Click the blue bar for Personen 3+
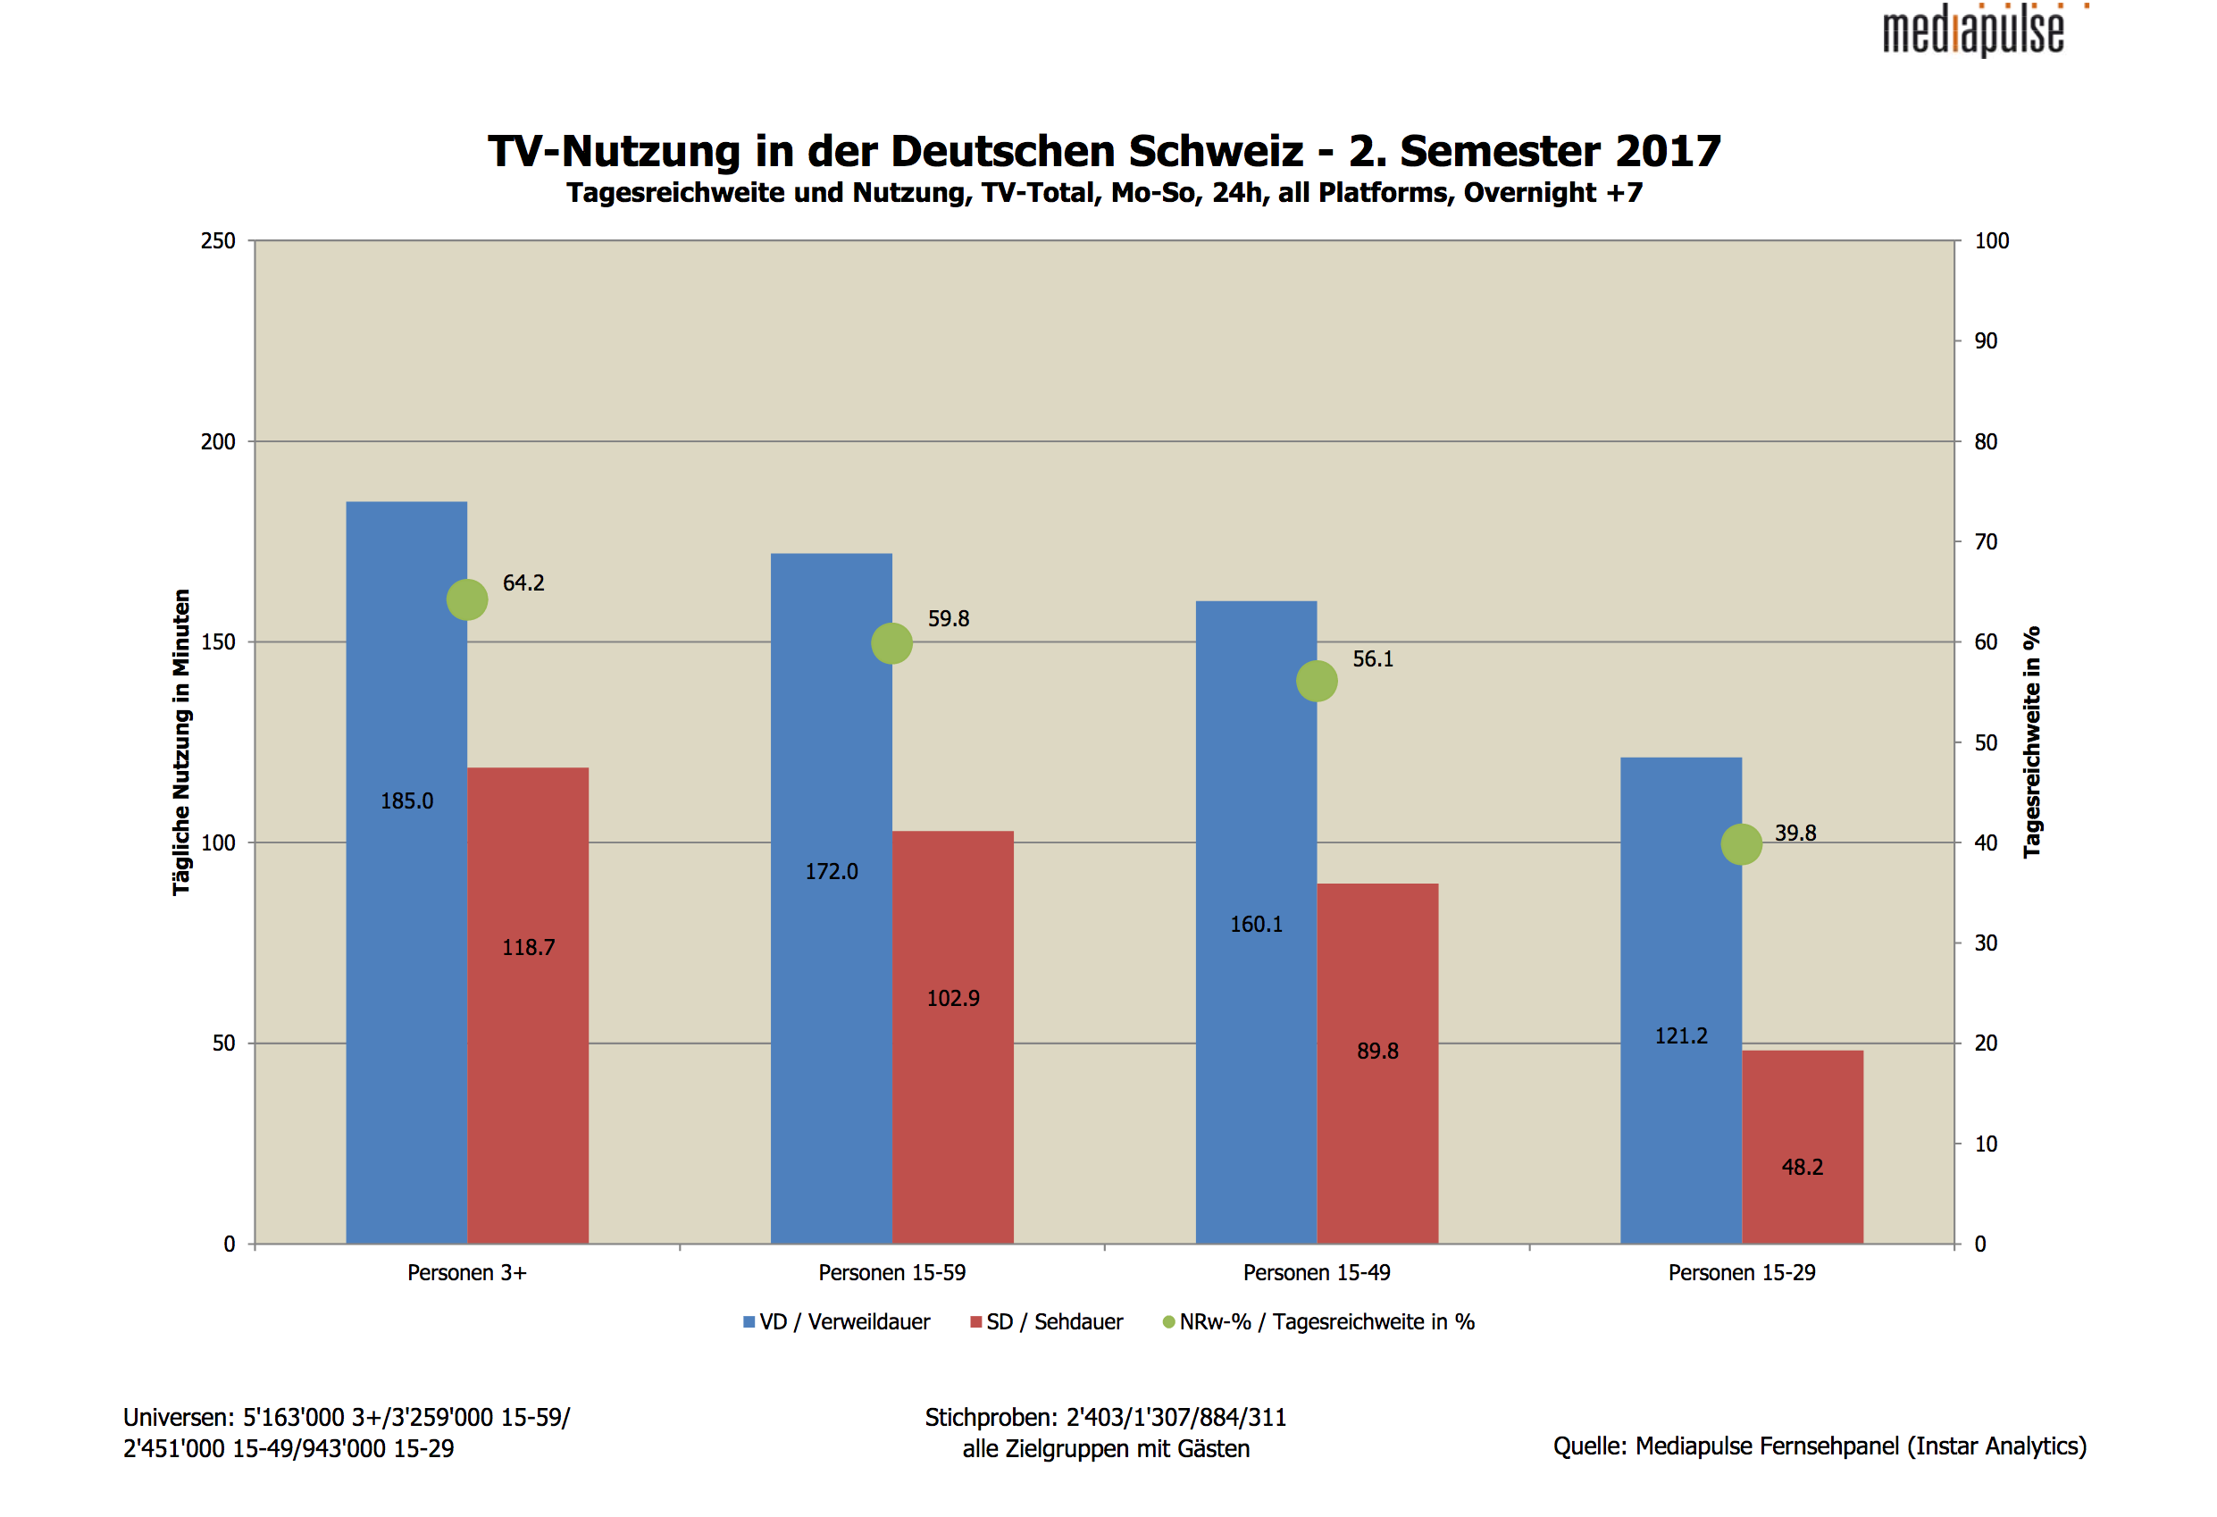[x=406, y=872]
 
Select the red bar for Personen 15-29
[x=1802, y=1147]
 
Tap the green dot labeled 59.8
[x=892, y=643]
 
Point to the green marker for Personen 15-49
[x=1317, y=681]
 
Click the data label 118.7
[x=529, y=947]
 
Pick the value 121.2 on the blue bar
[x=1681, y=1036]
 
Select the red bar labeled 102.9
[x=953, y=1037]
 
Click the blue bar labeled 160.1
[x=1257, y=923]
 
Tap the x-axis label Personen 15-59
[x=892, y=1273]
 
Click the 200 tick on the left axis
[x=218, y=441]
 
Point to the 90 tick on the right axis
[x=1987, y=340]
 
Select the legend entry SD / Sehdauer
[x=1047, y=1322]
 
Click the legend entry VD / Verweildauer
[x=837, y=1322]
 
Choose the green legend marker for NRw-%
[x=1168, y=1322]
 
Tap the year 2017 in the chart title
[x=1668, y=151]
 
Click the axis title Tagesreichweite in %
[x=2032, y=742]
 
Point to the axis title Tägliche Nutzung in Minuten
[x=181, y=742]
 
